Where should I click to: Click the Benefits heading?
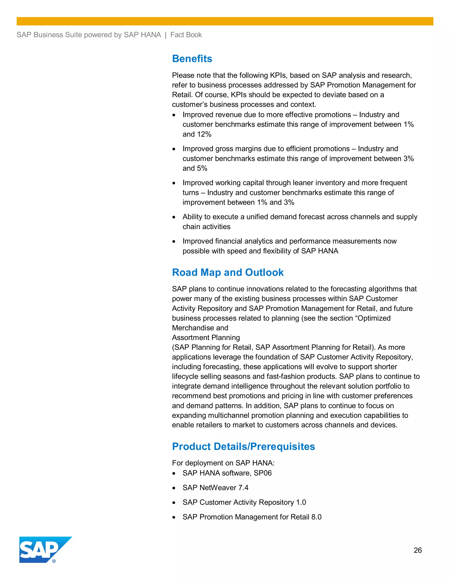click(x=192, y=59)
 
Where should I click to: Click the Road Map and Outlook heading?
click(x=228, y=272)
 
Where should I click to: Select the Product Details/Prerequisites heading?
click(x=243, y=446)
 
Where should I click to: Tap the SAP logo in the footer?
click(x=43, y=549)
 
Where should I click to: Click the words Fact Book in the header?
click(x=186, y=35)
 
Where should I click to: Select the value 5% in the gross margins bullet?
click(x=202, y=168)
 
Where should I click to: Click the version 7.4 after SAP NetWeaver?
click(x=243, y=488)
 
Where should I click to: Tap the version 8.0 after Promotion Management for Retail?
click(x=316, y=517)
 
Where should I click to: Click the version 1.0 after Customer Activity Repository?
click(x=301, y=502)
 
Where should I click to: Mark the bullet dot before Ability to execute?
click(x=174, y=217)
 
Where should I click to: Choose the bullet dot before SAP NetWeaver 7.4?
click(x=174, y=488)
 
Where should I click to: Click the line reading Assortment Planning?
click(x=206, y=338)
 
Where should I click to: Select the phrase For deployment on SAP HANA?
click(x=223, y=463)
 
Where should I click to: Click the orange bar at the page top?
click(x=225, y=21)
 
